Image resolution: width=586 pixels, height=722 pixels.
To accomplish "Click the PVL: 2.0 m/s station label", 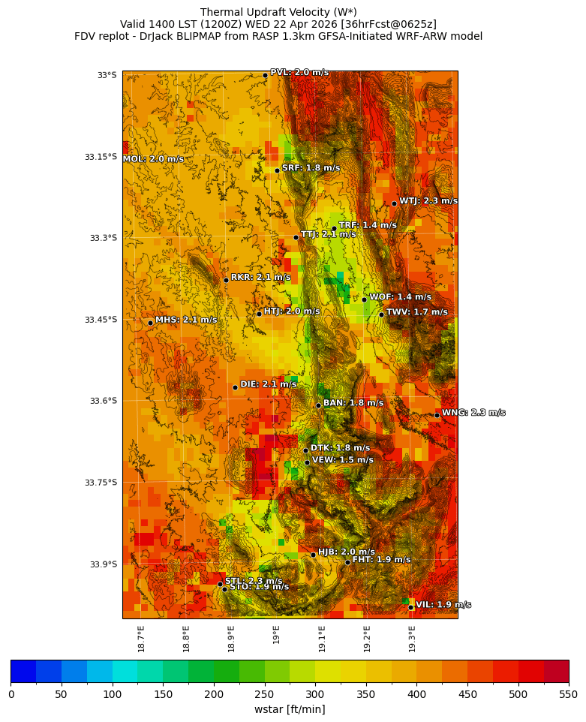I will pyautogui.click(x=299, y=73).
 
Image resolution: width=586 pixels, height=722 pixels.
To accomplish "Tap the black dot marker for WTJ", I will pyautogui.click(x=394, y=203).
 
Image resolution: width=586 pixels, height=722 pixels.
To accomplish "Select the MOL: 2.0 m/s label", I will pyautogui.click(x=153, y=159).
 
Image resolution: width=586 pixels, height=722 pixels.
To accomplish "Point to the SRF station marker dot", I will pyautogui.click(x=277, y=170).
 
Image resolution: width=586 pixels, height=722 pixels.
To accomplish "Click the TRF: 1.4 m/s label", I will pyautogui.click(x=368, y=225).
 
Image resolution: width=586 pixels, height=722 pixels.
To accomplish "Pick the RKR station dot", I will pyautogui.click(x=226, y=280).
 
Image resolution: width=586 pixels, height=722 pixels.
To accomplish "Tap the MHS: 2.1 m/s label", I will pyautogui.click(x=186, y=320).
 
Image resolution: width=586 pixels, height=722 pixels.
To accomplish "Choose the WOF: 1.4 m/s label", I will pyautogui.click(x=400, y=297).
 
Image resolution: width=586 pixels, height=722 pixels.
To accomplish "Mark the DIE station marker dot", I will pyautogui.click(x=235, y=387).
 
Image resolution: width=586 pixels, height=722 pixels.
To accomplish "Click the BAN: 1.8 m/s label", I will pyautogui.click(x=353, y=403).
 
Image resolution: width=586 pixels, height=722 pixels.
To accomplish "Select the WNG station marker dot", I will pyautogui.click(x=437, y=415).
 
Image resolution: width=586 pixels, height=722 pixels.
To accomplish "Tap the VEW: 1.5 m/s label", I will pyautogui.click(x=342, y=460).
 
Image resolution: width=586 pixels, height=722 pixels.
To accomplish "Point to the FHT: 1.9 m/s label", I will pyautogui.click(x=381, y=560).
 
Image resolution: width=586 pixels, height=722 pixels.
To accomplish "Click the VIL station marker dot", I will pyautogui.click(x=411, y=607).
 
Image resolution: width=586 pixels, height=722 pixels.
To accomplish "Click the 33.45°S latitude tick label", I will pyautogui.click(x=102, y=320).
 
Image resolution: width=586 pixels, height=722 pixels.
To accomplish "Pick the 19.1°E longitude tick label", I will pyautogui.click(x=322, y=639).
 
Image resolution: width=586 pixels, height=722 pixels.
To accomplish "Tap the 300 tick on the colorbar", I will pyautogui.click(x=315, y=694).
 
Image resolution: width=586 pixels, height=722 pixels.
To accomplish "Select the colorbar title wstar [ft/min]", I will pyautogui.click(x=290, y=709).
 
